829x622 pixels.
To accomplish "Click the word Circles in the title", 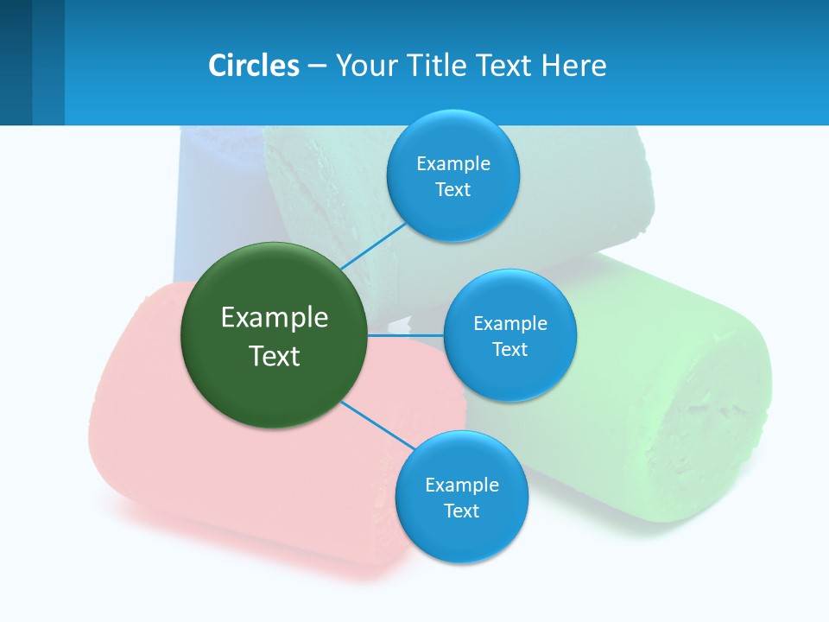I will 253,66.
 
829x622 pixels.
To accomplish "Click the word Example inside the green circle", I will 275,318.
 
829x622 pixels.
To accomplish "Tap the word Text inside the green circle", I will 275,356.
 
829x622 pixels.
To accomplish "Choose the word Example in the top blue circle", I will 453,163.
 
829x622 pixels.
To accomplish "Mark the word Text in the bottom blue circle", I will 461,511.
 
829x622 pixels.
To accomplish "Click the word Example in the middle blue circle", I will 510,324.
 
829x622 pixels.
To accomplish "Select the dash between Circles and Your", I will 316,67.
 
